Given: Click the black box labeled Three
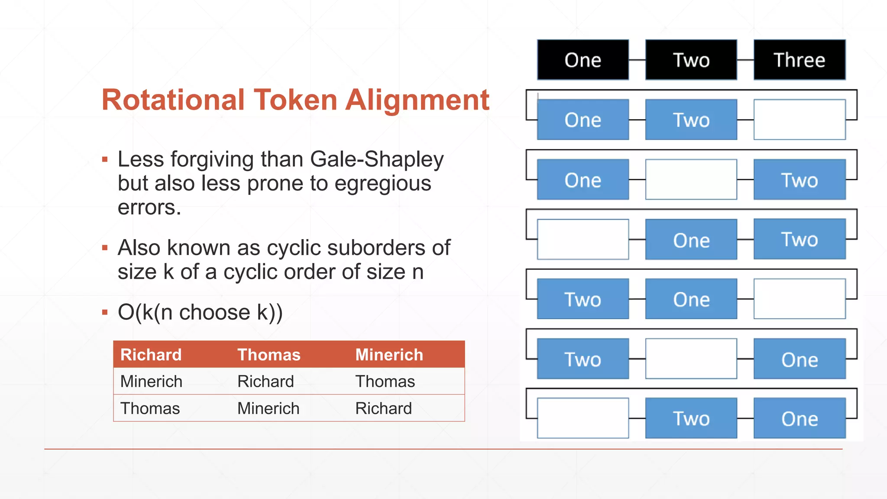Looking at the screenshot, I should coord(799,60).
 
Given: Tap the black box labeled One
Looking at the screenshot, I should coord(583,60).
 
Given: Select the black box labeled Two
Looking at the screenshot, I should coord(691,60).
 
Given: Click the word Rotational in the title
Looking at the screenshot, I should coord(173,100).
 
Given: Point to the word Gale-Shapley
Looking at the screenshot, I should coord(377,159).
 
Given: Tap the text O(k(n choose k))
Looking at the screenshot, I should coord(200,312).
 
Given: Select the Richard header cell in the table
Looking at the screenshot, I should coord(151,355).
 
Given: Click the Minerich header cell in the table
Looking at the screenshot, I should coord(389,355).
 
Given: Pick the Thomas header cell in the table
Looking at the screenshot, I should coord(269,355).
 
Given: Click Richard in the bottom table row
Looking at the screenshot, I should coord(383,408).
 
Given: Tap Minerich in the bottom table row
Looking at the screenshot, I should coord(268,408).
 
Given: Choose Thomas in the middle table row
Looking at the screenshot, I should coord(385,382).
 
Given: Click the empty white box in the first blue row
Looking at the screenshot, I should coord(799,120).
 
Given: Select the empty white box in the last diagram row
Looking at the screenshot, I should coord(583,418).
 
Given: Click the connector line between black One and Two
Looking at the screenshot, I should coord(637,60).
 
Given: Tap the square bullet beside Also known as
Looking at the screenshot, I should coord(105,248).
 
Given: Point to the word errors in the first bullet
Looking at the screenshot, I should coord(149,207).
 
